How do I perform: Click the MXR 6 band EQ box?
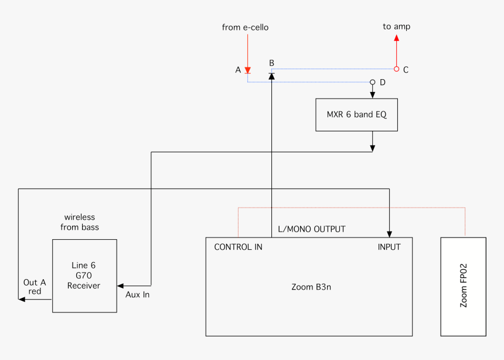coord(356,114)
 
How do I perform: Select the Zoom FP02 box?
coord(463,286)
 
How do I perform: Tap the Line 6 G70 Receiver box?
coord(84,276)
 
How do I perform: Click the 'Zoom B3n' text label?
coord(308,287)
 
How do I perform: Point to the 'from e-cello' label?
coord(245,27)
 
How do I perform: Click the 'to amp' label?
coord(397,26)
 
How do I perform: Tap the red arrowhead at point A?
coord(247,70)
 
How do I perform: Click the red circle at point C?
coord(397,69)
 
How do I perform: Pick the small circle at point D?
coord(372,83)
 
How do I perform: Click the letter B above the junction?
coord(271,63)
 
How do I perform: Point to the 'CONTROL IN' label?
coord(238,247)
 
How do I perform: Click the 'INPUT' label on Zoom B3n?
coord(389,247)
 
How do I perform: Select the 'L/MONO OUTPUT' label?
coord(312,229)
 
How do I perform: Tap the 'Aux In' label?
coord(138,294)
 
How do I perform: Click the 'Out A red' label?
coord(35,287)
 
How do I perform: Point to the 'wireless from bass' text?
coord(80,222)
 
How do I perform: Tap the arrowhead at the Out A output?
coord(22,299)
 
